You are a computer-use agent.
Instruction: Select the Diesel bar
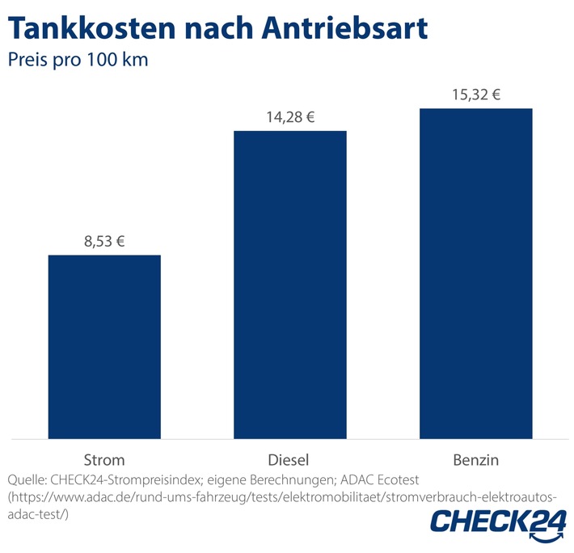click(x=290, y=284)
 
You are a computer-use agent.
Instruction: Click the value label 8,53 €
click(x=104, y=241)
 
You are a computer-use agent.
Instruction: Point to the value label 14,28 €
click(x=290, y=117)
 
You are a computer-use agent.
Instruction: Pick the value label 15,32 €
click(x=475, y=95)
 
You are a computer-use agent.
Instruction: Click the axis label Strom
click(x=104, y=460)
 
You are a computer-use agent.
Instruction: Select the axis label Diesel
click(x=290, y=460)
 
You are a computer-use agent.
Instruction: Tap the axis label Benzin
click(x=475, y=460)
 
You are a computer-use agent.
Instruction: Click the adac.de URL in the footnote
click(x=283, y=496)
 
